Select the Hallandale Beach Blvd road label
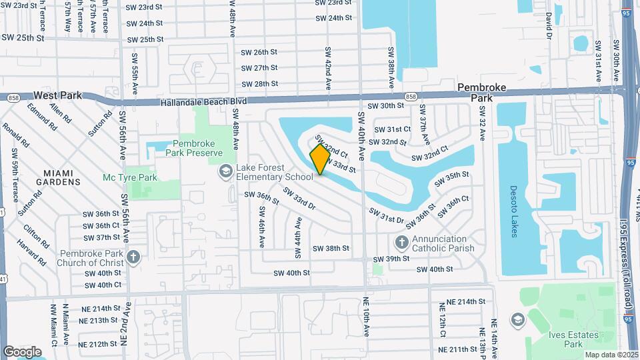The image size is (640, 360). click(204, 101)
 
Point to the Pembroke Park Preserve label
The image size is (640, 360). click(197, 148)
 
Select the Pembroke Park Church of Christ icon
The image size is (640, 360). click(133, 257)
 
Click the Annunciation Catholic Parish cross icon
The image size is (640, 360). click(401, 241)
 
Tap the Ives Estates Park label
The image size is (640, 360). click(564, 339)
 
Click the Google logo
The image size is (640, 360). click(22, 351)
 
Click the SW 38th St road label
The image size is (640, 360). click(331, 248)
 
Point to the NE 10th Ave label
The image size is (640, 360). click(366, 319)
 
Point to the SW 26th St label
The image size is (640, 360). click(259, 51)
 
